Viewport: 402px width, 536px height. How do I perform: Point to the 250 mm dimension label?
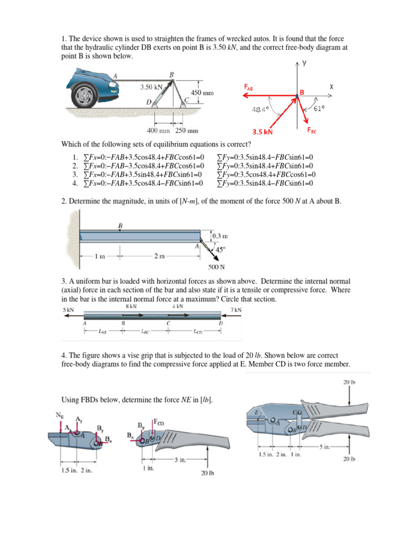point(186,130)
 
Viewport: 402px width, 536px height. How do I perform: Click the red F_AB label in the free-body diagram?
point(250,88)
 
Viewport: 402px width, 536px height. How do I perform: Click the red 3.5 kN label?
point(262,132)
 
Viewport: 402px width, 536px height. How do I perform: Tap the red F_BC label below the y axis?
point(311,131)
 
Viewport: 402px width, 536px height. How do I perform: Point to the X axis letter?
point(332,87)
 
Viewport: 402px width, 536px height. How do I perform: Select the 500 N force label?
point(216,267)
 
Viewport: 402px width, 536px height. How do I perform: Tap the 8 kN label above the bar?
point(131,306)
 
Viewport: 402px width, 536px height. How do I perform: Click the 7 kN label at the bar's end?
point(236,310)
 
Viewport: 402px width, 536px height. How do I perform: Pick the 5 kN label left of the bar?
point(68,310)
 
